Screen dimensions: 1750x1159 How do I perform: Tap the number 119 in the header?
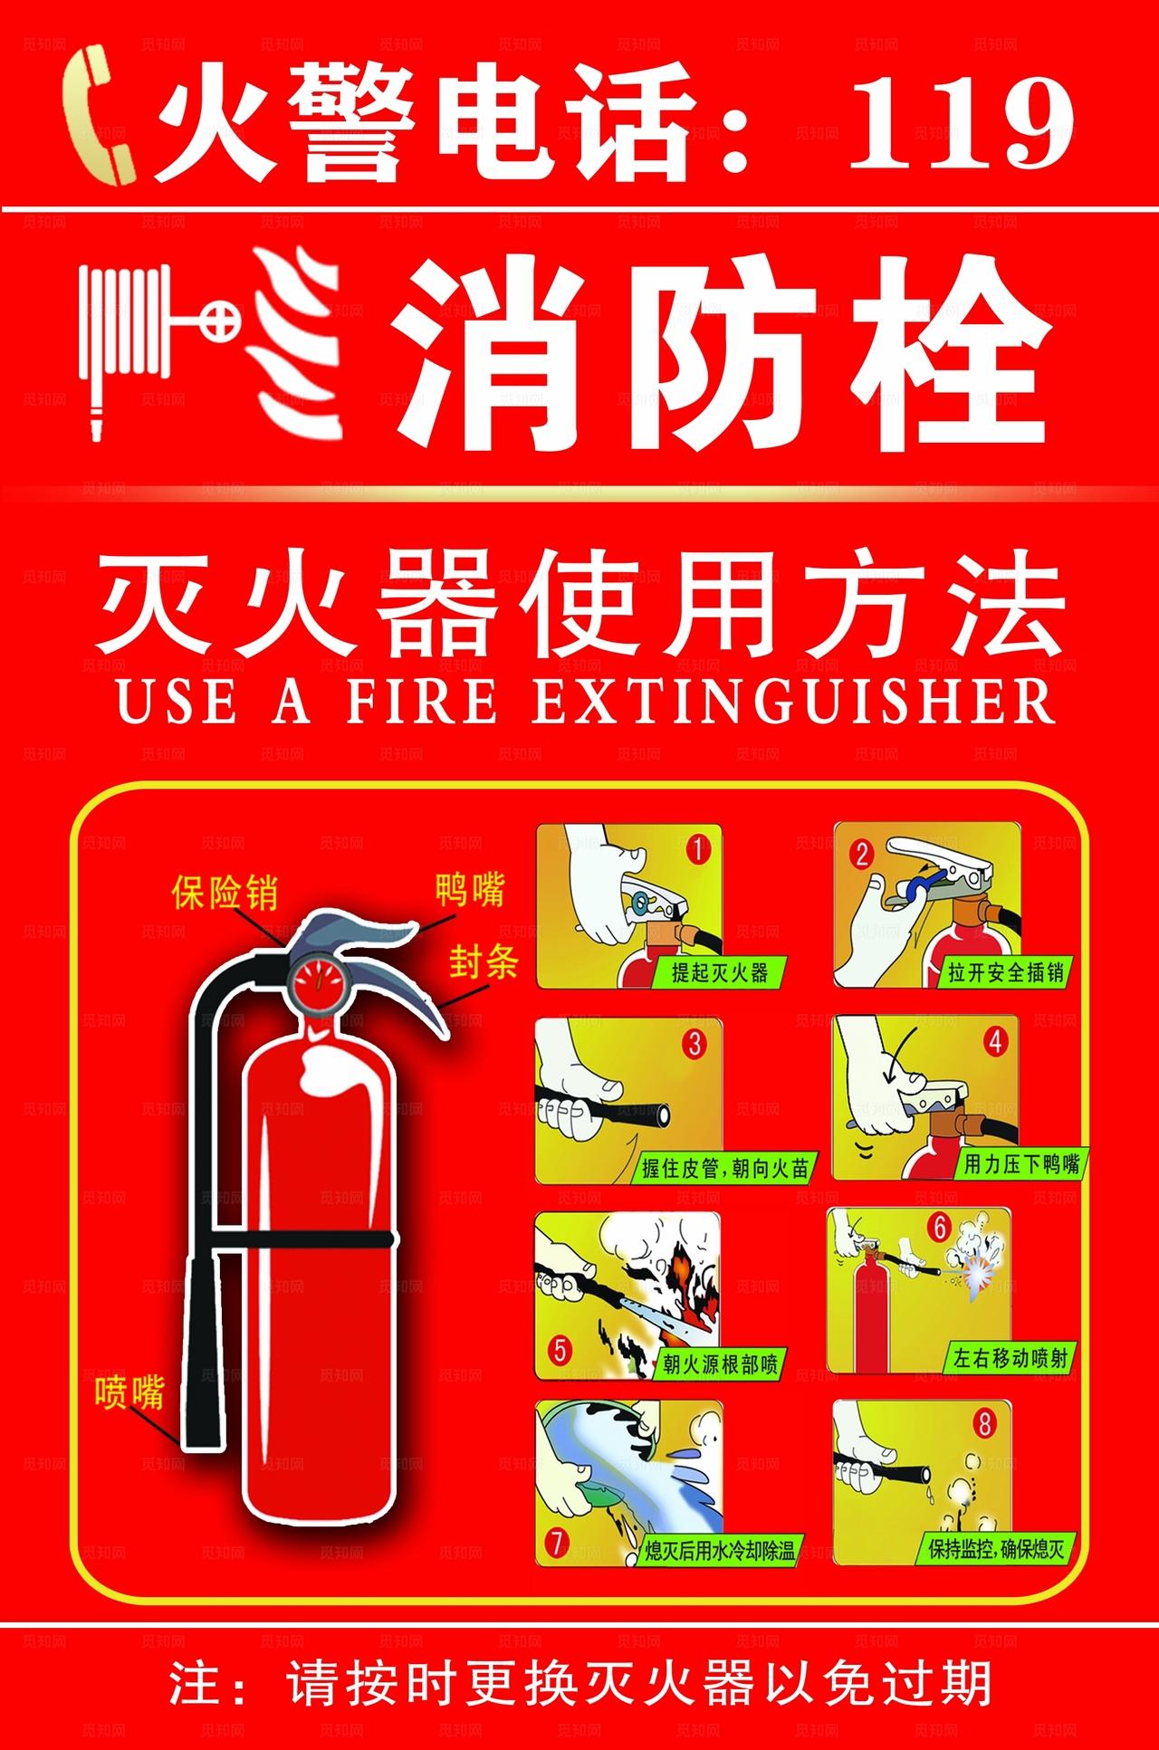point(962,121)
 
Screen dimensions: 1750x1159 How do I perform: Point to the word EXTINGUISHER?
point(793,701)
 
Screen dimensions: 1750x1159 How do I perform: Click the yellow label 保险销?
point(225,894)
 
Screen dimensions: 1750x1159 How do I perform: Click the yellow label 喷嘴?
point(129,1391)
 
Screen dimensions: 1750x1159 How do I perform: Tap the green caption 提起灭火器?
point(719,973)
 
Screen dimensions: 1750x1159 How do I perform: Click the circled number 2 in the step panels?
point(861,854)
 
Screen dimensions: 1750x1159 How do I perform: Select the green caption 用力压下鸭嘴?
point(1020,1164)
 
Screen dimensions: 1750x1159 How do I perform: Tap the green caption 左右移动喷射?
point(1010,1357)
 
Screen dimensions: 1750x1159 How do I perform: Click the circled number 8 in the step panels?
point(984,1425)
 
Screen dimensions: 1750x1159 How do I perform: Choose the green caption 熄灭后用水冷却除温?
point(720,1552)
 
